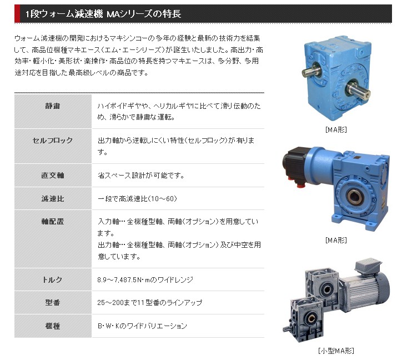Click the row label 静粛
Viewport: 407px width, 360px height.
point(53,106)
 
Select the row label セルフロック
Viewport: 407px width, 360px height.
point(53,141)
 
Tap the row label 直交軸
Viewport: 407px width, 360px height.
point(53,176)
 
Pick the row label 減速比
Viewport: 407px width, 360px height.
point(53,199)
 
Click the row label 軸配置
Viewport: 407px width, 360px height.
point(53,222)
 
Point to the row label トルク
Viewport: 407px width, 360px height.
point(53,280)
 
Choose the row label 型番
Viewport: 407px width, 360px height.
point(53,303)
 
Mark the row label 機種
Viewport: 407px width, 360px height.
point(53,326)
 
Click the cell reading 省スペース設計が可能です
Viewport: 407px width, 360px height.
point(141,176)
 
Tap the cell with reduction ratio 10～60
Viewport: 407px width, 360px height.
point(137,199)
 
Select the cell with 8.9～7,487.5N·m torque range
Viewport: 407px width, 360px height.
point(145,280)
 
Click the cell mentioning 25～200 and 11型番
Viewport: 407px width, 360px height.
point(149,303)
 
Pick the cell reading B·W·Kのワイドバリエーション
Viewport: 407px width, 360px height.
point(142,326)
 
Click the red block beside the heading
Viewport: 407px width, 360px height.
point(17,13)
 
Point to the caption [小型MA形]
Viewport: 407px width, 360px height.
point(336,351)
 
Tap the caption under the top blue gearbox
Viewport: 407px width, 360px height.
point(336,129)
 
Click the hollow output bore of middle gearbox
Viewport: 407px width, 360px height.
point(354,196)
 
